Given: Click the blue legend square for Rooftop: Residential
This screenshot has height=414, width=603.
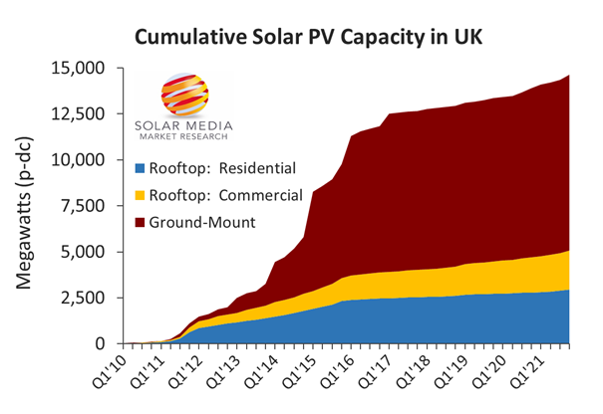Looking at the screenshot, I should (141, 167).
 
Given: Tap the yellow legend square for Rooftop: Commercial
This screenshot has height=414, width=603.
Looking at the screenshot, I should (141, 195).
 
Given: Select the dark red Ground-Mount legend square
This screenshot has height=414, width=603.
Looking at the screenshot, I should (141, 222).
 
